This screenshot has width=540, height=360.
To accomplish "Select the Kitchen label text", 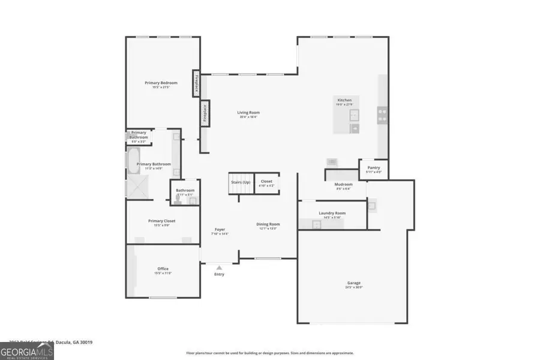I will click(344, 100).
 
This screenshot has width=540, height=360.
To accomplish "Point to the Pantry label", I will click(374, 167).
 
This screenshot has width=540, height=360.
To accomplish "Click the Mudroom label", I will click(343, 184).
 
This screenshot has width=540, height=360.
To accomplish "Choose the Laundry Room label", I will click(332, 213).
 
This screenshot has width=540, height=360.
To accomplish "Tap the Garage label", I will click(353, 283).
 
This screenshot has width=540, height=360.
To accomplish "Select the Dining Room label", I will click(269, 224).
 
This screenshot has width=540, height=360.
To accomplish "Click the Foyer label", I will click(220, 230).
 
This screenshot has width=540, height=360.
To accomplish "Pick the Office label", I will click(163, 269).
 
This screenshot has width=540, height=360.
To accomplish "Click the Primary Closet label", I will click(161, 221).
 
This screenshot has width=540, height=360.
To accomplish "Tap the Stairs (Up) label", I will click(240, 181).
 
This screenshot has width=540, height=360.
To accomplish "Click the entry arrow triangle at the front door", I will click(220, 268).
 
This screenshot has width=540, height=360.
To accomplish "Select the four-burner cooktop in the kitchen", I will click(382, 115).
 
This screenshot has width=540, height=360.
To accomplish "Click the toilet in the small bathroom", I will click(179, 200).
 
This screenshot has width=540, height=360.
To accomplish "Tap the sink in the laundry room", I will click(316, 224).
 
